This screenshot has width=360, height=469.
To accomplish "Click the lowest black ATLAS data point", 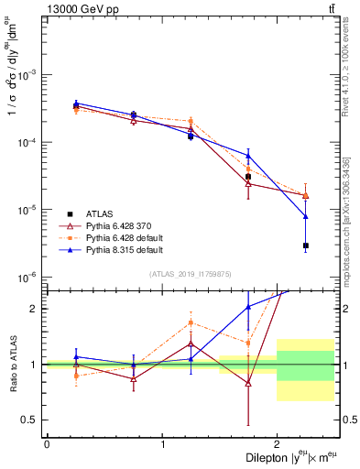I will [306, 245].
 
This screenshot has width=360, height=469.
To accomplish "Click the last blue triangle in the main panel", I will [306, 216].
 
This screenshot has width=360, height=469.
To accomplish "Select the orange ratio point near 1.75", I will [248, 343].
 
